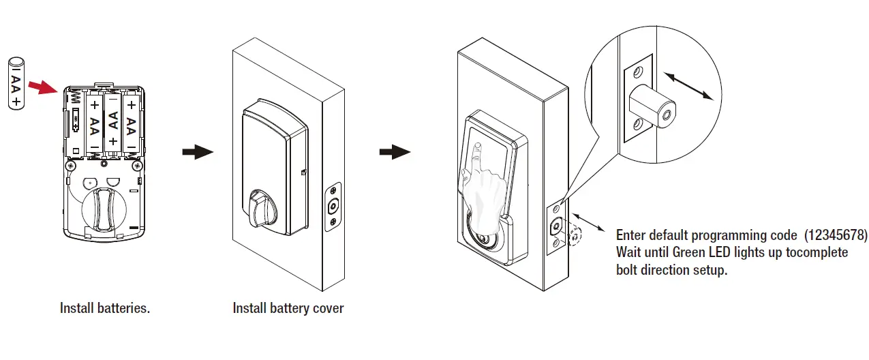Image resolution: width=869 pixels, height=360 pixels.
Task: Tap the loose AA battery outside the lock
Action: pos(16,83)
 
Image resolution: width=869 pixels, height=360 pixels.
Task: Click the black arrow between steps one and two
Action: pos(197,153)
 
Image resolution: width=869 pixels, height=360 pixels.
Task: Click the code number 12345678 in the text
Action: pos(836,236)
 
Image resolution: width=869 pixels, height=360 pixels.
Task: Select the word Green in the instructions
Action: pos(690,252)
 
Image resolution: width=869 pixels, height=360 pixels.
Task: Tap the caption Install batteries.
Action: pos(105,308)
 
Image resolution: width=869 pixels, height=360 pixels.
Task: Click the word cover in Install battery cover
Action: pos(329,308)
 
